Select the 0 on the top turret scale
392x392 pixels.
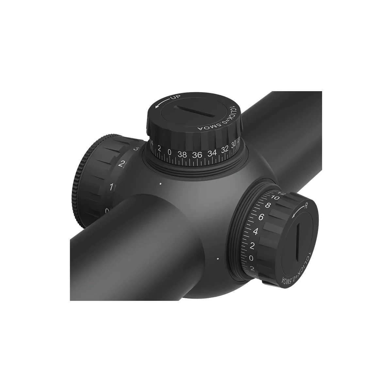point(170,152)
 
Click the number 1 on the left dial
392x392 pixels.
point(112,187)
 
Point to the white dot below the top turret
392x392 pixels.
point(160,184)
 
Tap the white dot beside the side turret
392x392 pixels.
point(218,259)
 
